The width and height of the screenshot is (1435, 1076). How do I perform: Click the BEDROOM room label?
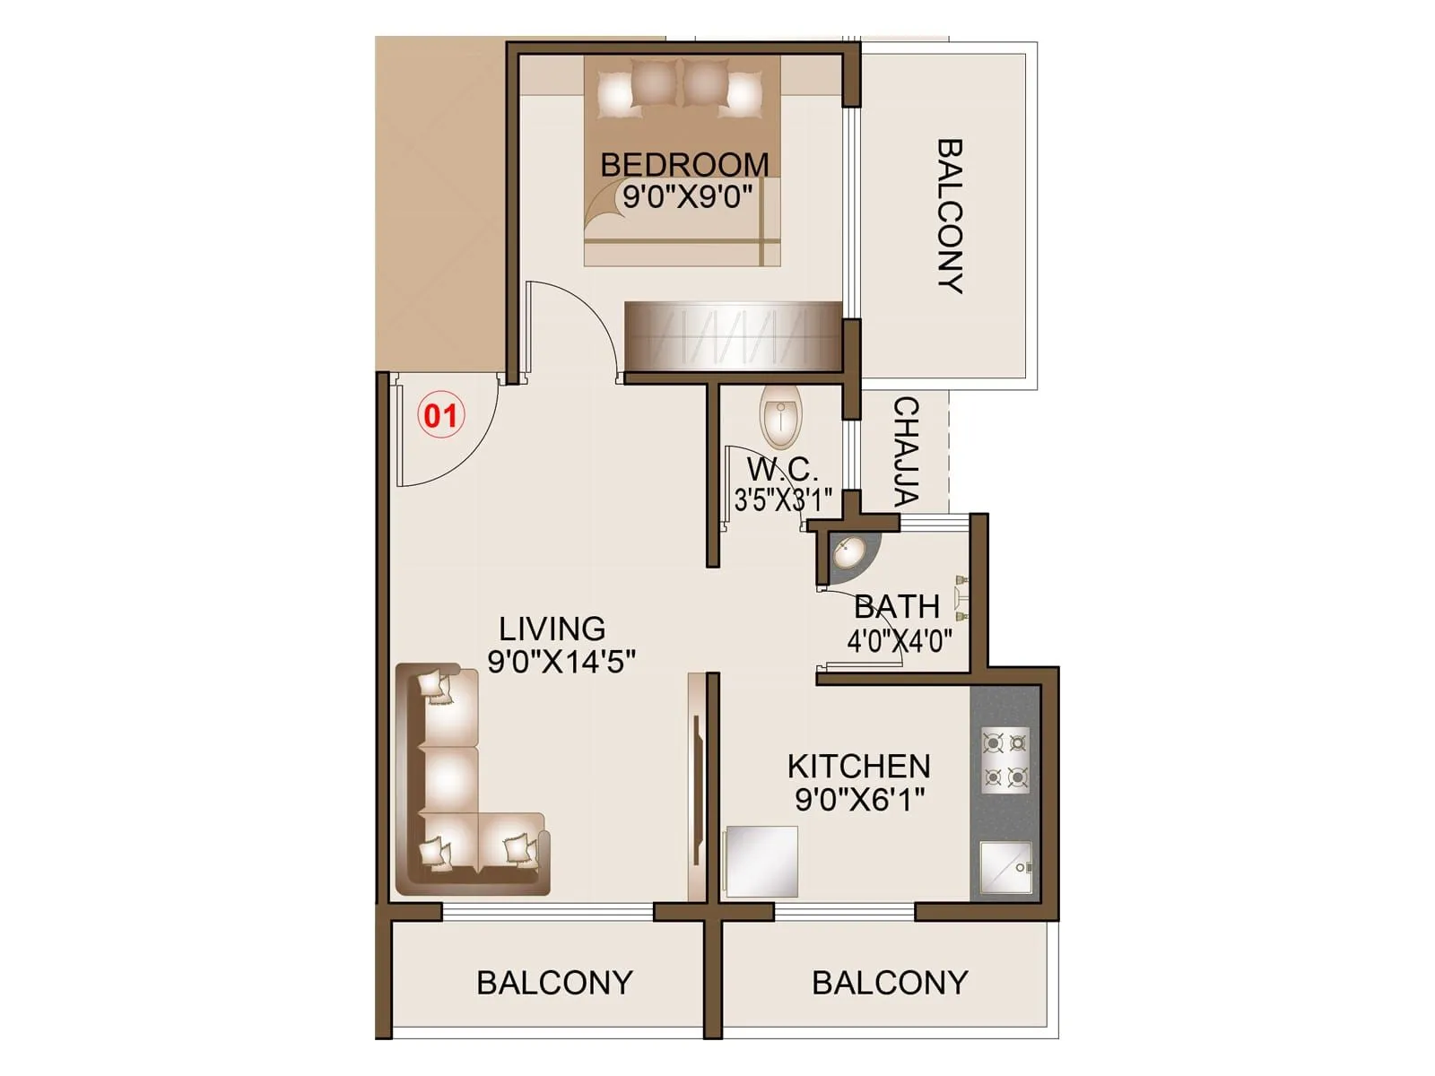[684, 165]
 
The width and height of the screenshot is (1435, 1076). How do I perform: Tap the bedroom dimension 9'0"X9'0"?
[687, 196]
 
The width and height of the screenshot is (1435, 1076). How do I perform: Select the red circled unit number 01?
[440, 415]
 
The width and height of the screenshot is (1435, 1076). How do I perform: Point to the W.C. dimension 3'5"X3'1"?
[783, 499]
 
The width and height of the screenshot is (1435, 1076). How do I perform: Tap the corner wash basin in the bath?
[848, 552]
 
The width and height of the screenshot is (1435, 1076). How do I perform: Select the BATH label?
[897, 607]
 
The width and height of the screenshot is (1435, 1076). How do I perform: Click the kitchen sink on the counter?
[1005, 867]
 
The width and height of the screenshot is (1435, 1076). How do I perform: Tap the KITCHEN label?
[859, 767]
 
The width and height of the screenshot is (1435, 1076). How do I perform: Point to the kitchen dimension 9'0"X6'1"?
[859, 799]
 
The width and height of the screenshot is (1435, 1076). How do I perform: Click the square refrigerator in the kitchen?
[761, 861]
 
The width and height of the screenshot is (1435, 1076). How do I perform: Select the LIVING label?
[552, 629]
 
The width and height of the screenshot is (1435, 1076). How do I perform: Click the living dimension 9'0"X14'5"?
[561, 662]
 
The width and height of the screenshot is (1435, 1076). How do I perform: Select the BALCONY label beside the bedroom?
[950, 215]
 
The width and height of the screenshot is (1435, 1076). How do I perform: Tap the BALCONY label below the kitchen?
[890, 983]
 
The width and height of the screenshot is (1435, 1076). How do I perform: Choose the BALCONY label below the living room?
[554, 983]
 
